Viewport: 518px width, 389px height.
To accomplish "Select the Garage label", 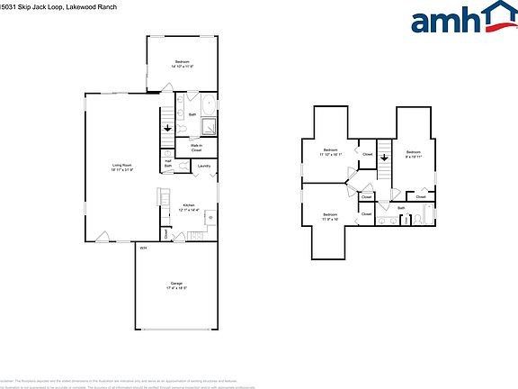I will click(176, 285).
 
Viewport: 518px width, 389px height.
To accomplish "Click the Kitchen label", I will click(190, 206).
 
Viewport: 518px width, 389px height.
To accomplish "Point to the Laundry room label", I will click(204, 166).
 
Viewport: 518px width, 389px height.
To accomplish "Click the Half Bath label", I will click(168, 165).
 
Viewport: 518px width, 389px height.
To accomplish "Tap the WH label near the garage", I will click(143, 248).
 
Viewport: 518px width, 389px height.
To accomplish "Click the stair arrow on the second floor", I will click(385, 158).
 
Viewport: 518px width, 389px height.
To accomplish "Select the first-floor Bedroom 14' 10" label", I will click(183, 64).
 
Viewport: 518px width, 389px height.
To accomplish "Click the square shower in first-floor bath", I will click(208, 126).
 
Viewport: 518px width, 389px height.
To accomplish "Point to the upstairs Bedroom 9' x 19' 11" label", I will click(413, 154).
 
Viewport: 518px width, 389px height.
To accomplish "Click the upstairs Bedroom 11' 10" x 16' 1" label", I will click(331, 151).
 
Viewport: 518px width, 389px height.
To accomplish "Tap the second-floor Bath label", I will click(402, 209).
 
